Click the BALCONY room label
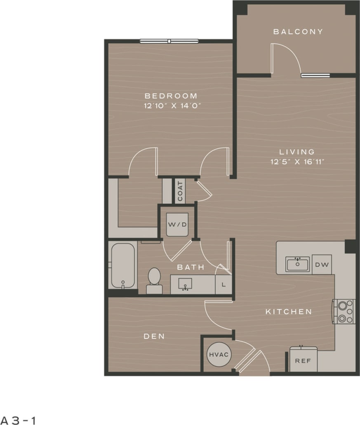298,32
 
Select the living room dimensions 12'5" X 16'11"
296,162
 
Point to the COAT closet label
180,192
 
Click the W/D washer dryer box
177,225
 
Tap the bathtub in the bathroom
122,265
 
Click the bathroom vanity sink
185,284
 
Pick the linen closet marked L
224,284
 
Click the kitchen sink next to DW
297,264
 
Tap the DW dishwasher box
322,265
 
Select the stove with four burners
344,311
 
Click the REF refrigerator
303,360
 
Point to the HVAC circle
219,355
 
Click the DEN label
154,336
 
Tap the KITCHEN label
288,312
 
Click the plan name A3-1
18,420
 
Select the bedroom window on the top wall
169,41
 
